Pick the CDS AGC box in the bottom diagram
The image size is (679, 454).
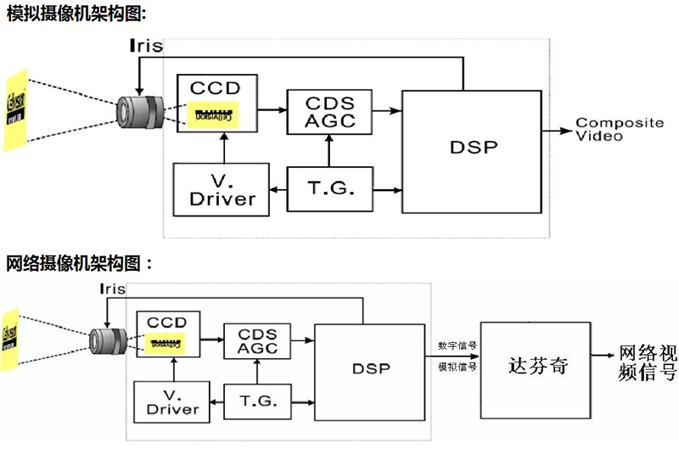[x=257, y=342]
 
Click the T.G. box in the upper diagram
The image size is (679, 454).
[x=328, y=188]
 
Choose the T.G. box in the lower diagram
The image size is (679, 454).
[x=257, y=400]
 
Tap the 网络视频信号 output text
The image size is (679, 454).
[x=648, y=362]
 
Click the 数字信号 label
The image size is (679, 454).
[x=457, y=346]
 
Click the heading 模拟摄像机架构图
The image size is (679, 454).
[x=76, y=12]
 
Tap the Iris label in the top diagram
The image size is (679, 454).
[x=144, y=46]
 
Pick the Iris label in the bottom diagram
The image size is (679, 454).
[x=112, y=289]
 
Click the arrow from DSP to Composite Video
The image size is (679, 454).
[x=557, y=131]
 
